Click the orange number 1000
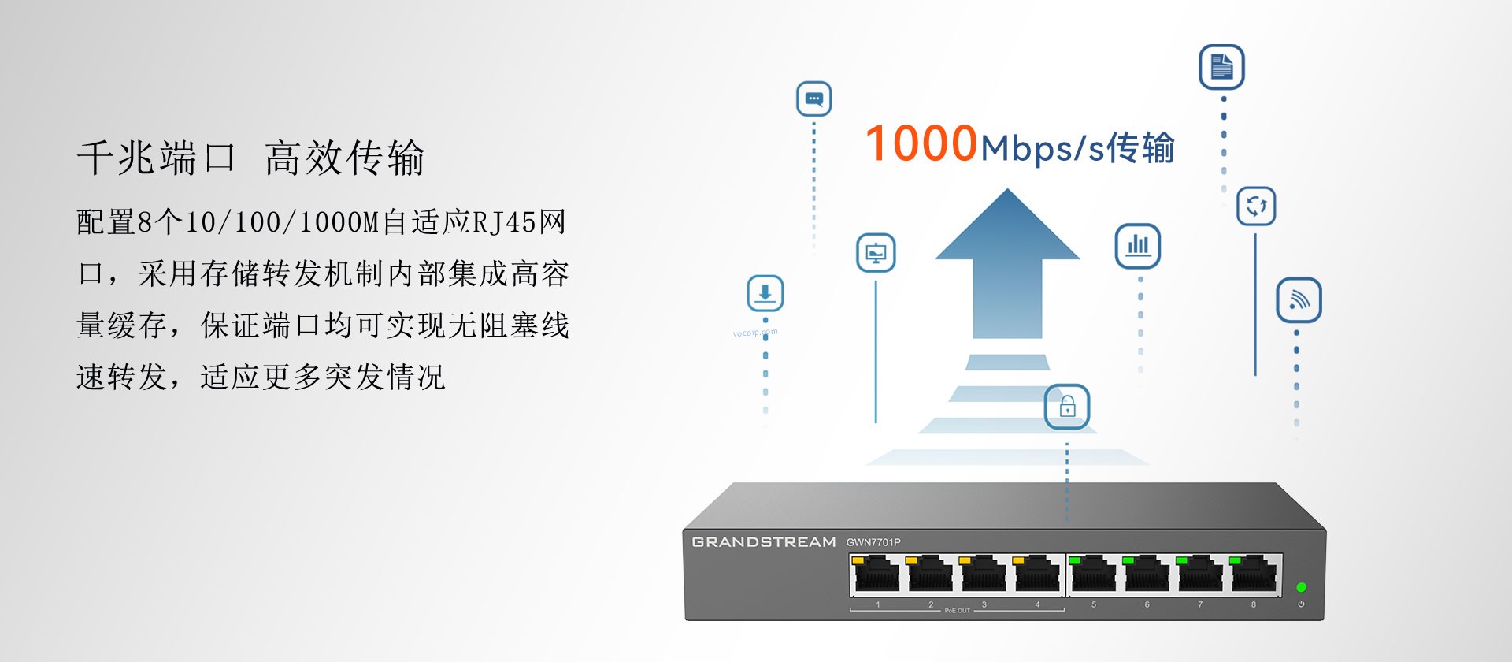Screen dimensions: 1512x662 [921, 143]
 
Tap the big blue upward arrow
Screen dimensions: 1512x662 [1007, 264]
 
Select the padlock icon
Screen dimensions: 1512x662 [1067, 407]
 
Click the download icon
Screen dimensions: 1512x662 [765, 294]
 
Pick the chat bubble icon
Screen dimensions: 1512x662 [814, 99]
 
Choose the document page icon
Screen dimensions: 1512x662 [1221, 67]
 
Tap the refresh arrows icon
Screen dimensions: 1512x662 [1256, 206]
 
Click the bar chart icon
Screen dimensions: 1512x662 [1138, 245]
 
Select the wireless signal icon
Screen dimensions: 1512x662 [1299, 300]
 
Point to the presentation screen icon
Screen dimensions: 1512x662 [876, 253]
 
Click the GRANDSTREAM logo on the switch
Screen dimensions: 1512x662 [764, 542]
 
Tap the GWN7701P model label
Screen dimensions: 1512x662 [873, 542]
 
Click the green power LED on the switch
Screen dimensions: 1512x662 [1302, 587]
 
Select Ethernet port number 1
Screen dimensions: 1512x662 [876, 574]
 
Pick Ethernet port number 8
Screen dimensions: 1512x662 [1254, 574]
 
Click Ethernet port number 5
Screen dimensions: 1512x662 [1093, 574]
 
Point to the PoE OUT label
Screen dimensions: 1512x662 [958, 611]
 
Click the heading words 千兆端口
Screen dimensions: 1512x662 [157, 158]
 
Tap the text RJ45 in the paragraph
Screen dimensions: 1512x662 [504, 222]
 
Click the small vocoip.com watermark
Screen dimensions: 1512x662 [755, 333]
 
